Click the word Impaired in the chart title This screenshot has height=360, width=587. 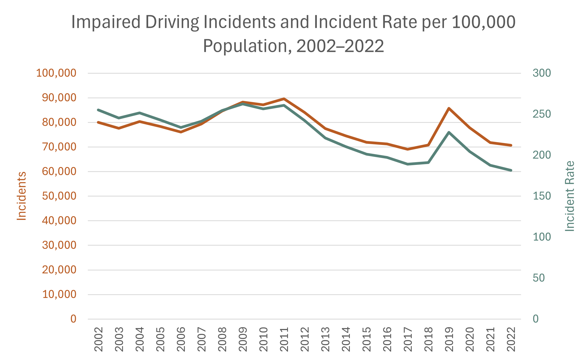(106, 22)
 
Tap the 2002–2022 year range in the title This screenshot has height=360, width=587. (340, 46)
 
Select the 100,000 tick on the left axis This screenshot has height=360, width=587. (56, 73)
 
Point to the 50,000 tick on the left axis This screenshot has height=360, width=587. (59, 196)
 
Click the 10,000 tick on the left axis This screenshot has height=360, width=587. (59, 294)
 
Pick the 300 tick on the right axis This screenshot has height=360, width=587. (541, 73)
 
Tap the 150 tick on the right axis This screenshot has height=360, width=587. (541, 196)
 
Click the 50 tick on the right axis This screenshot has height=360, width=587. (538, 278)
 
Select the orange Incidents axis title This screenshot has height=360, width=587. (22, 196)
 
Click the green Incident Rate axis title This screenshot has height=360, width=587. (569, 196)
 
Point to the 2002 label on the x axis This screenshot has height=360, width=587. (99, 339)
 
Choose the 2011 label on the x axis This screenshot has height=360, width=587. (284, 339)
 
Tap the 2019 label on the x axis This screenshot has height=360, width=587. (449, 339)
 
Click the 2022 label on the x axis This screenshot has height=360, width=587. (511, 339)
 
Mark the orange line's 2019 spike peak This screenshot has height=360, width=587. (449, 108)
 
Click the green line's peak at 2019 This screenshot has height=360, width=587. (449, 132)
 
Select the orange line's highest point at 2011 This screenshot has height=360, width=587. (284, 99)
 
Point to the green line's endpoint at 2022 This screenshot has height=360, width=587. (511, 170)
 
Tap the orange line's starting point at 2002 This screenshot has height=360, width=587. (99, 122)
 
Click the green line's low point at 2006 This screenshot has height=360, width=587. (181, 127)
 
